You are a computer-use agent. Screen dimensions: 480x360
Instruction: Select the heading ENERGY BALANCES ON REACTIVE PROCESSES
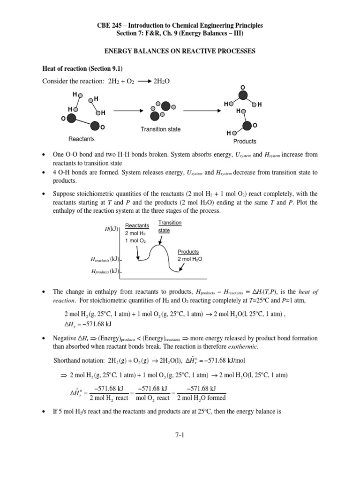pyautogui.click(x=180, y=52)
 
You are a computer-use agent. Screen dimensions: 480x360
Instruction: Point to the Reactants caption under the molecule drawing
pyautogui.click(x=81, y=139)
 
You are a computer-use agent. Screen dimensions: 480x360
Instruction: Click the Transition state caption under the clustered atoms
pyautogui.click(x=160, y=129)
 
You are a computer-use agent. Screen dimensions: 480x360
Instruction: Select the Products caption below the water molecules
pyautogui.click(x=244, y=141)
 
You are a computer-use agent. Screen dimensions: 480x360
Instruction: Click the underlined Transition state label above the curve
pyautogui.click(x=165, y=227)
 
